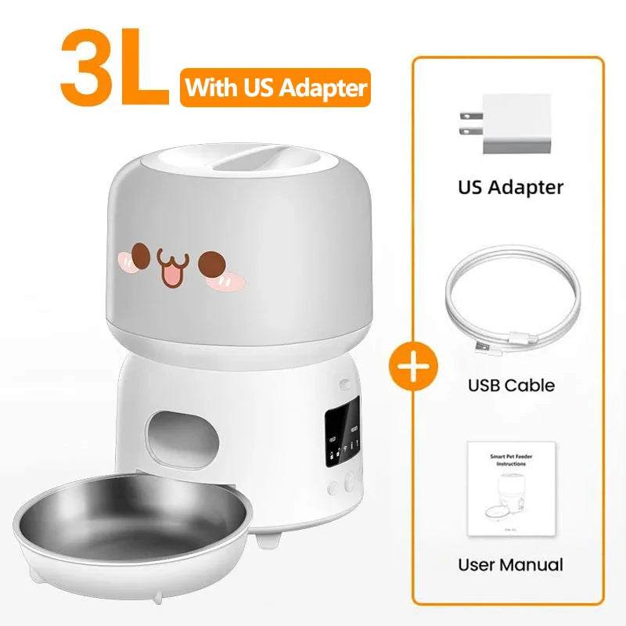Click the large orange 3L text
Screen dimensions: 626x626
114,70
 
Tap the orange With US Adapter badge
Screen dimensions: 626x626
275,88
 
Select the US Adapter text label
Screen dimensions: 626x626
510,188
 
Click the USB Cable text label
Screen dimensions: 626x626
511,385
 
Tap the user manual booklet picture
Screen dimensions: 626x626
511,489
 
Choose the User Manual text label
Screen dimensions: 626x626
510,564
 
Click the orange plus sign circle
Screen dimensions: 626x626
414,365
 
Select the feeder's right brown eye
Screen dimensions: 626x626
211,264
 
